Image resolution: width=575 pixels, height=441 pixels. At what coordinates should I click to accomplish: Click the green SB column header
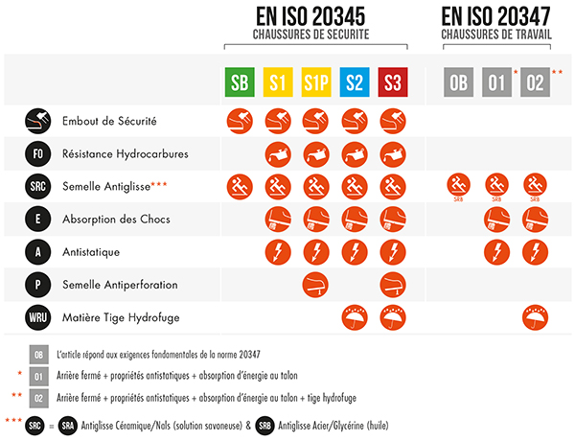(241, 82)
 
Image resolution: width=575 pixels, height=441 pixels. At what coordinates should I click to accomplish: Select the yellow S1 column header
(279, 82)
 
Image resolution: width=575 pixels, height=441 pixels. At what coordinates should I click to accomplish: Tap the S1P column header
(316, 82)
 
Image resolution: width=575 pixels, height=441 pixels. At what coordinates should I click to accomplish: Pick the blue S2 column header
(355, 82)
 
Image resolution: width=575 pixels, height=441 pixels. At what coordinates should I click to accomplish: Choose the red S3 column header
(393, 82)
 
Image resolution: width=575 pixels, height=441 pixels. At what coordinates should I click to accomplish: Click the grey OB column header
(458, 82)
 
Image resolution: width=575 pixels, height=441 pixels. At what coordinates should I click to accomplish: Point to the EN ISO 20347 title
(496, 16)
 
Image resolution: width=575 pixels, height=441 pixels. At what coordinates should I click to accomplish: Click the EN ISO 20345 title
(315, 16)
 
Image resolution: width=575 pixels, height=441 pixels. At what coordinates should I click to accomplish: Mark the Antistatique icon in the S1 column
(279, 252)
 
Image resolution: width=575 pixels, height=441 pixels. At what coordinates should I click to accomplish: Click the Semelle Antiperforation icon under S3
(393, 285)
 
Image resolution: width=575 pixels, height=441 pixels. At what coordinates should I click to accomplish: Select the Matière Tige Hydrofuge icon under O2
(536, 316)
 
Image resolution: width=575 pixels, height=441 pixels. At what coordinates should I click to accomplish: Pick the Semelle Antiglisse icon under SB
(241, 186)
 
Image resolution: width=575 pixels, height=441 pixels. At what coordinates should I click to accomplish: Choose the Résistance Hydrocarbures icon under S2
(355, 153)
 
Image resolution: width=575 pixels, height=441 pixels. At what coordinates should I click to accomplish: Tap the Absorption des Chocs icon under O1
(496, 220)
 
